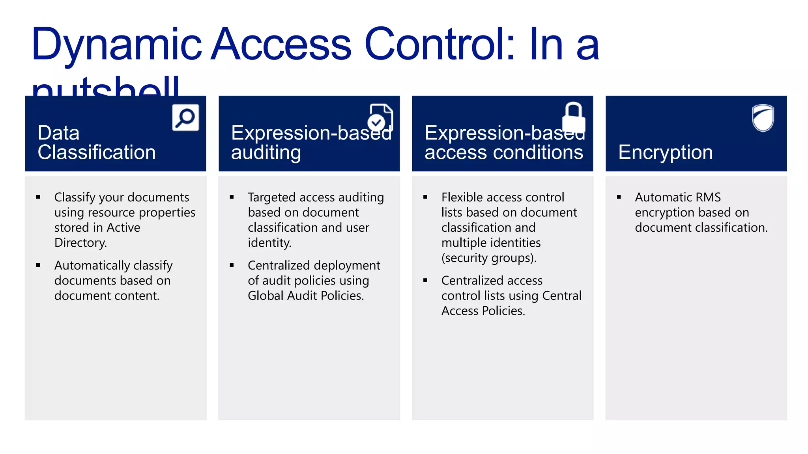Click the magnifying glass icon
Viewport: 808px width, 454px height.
coord(185,117)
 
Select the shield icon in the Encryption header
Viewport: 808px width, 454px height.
coord(763,117)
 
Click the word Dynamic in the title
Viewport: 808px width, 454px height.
coord(116,45)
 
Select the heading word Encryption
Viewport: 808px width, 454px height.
coord(665,152)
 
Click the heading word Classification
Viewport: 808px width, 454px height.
coord(97,152)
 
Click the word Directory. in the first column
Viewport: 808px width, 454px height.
coord(80,243)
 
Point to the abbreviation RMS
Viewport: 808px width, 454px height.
coord(708,197)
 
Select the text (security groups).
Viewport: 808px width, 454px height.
coord(489,258)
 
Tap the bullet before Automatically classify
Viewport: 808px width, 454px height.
coord(38,265)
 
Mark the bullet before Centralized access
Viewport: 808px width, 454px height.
coord(425,280)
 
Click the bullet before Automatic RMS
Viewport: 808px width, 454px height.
coord(619,197)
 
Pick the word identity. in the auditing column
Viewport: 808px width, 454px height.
coord(269,243)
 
